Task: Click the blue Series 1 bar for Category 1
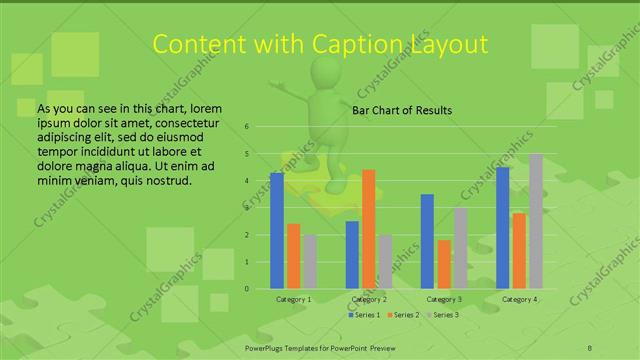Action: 277,231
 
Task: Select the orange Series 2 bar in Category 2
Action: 368,229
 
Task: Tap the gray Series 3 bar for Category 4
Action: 536,221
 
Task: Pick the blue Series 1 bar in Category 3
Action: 427,241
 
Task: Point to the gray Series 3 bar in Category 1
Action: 310,262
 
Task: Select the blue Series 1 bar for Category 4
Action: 503,228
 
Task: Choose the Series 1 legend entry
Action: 363,315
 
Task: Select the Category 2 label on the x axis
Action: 368,299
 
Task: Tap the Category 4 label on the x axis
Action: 520,299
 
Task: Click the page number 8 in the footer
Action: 590,345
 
